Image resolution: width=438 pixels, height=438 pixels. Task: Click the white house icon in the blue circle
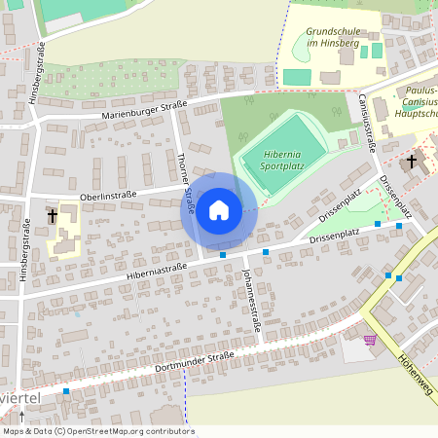tap(219, 210)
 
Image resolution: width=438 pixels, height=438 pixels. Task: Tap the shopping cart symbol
tap(369, 340)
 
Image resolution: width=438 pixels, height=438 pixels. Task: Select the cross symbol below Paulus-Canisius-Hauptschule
tap(411, 161)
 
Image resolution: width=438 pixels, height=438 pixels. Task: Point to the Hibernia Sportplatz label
tap(282, 160)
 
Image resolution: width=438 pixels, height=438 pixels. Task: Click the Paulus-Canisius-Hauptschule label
tap(417, 102)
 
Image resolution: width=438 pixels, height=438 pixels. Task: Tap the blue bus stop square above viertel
tap(66, 391)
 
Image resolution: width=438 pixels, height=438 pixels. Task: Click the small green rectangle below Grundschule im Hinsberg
tap(297, 76)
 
